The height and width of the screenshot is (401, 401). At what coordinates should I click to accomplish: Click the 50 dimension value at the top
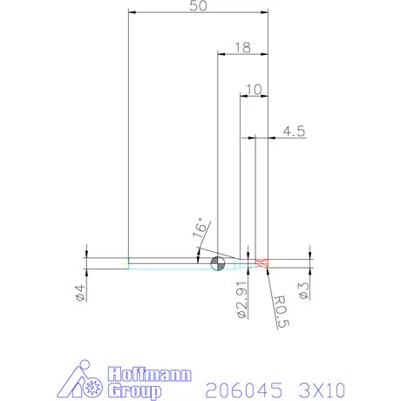click(197, 7)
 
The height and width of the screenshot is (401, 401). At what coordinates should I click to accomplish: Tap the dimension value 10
click(253, 89)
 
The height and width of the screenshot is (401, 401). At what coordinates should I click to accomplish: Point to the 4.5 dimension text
click(293, 132)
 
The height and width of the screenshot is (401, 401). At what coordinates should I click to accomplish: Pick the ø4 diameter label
click(79, 293)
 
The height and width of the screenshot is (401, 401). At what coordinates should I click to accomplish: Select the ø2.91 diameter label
click(243, 297)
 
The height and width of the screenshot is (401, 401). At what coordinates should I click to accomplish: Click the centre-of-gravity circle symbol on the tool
click(217, 262)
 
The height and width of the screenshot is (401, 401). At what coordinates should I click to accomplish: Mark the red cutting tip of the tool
click(262, 262)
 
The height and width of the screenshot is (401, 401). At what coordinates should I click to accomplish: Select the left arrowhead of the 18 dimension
click(220, 55)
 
